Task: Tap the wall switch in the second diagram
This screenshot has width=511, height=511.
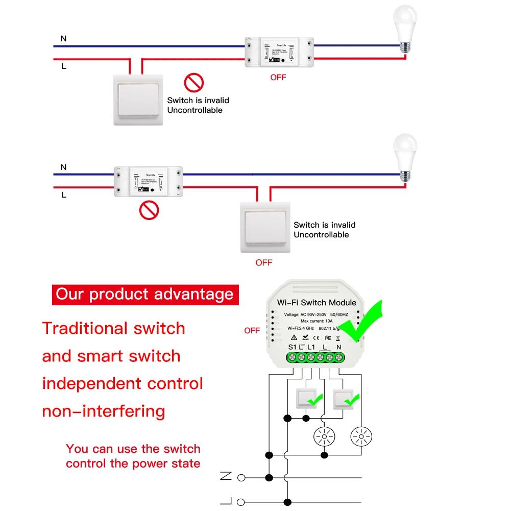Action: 265,227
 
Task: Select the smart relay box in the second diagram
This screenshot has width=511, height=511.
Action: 149,181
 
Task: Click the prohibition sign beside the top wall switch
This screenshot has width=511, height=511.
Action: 194,82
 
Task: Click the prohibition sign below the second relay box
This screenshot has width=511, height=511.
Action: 149,209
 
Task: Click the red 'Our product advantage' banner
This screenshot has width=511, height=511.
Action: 145,295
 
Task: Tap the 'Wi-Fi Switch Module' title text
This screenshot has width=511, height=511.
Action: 317,303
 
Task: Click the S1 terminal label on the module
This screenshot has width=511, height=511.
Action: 292,347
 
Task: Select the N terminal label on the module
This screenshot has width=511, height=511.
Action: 339,347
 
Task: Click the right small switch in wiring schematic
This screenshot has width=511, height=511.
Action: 344,398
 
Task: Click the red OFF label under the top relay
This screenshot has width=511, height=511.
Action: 278,78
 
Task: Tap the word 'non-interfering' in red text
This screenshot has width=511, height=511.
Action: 104,411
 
